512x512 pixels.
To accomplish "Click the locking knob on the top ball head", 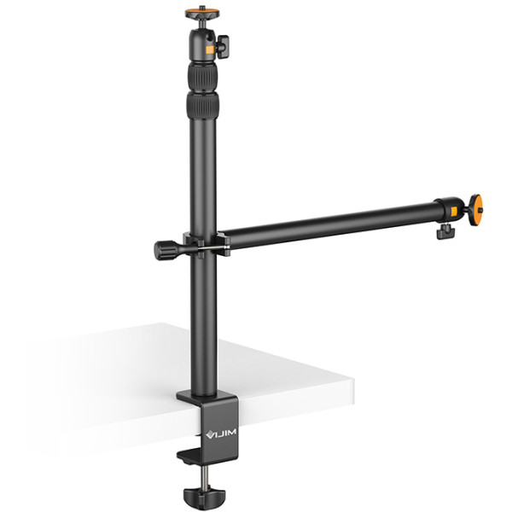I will point(224,45).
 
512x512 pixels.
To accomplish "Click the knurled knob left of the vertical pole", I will point(164,249).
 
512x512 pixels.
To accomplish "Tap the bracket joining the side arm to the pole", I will point(209,243).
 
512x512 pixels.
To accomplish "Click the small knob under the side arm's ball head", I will point(443,231).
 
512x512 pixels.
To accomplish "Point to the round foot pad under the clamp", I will point(198,495).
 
